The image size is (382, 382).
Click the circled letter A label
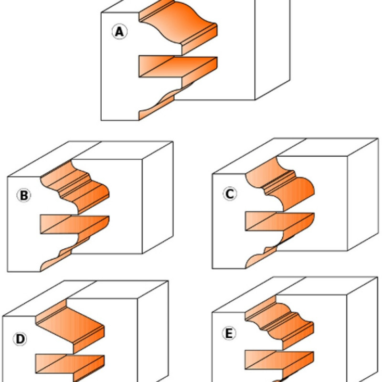(119, 32)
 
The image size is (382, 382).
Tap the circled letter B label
(23, 195)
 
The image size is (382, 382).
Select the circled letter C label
(230, 194)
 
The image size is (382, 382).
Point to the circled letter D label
(20, 339)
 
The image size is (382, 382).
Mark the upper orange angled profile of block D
(72, 325)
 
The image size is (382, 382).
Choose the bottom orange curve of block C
(260, 255)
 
